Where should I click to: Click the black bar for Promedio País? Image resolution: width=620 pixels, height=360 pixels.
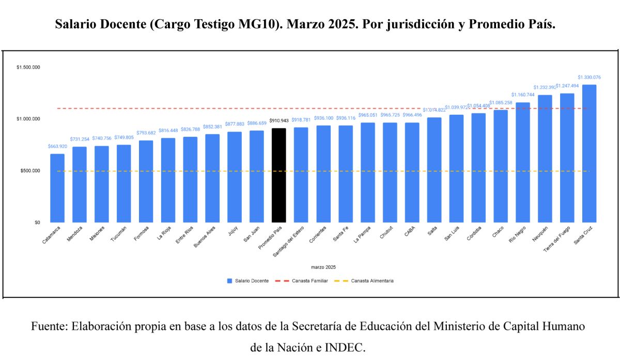(x=278, y=176)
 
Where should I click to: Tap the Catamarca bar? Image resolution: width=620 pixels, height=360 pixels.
(x=57, y=188)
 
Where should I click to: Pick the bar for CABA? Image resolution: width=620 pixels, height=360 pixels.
(x=412, y=173)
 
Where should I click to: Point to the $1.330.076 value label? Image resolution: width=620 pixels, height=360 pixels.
(x=589, y=77)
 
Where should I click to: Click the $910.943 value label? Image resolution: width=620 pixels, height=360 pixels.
(x=278, y=121)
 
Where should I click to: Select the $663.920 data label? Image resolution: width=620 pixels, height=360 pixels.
(x=57, y=146)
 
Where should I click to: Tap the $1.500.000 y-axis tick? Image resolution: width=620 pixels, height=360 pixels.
(x=28, y=67)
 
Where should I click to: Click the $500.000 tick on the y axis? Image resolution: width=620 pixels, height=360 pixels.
(x=30, y=171)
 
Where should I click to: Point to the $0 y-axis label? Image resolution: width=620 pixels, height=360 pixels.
(x=37, y=223)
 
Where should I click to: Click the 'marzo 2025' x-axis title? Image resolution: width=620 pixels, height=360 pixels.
(x=323, y=267)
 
